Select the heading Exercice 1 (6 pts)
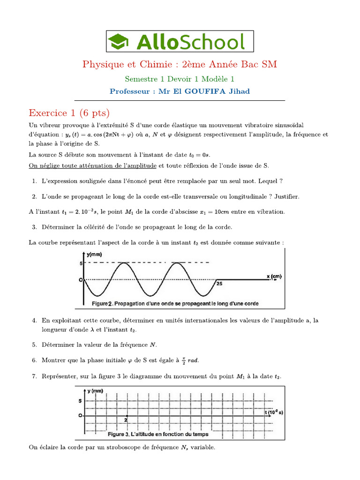[69, 113]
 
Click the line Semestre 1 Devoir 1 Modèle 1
[180, 79]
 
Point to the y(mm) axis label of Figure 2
[95, 255]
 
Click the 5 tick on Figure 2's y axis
[80, 263]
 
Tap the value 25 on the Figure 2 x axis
[219, 284]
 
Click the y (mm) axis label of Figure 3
[95, 390]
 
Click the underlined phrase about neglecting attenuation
[93, 165]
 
